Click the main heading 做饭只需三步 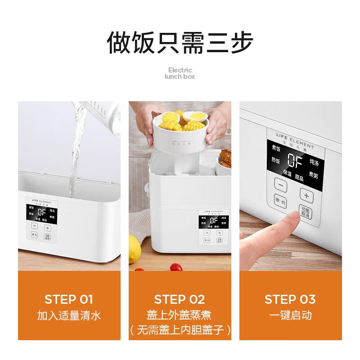(x=180, y=43)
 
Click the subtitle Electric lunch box (x=180, y=73)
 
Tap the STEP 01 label (x=69, y=299)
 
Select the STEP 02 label (x=180, y=299)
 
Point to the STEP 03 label (x=290, y=299)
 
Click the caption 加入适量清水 (x=69, y=315)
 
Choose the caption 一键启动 (x=290, y=315)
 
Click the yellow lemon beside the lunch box (x=134, y=248)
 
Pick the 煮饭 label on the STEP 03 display (x=275, y=148)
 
